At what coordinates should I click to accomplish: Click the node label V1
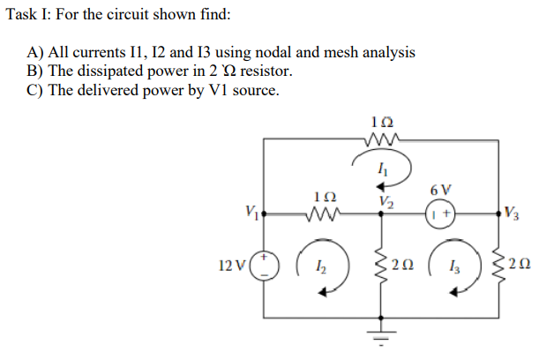(251, 211)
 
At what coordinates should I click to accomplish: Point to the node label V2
(382, 201)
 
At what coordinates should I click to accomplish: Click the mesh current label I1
(381, 167)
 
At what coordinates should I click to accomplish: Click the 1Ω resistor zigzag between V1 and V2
(322, 213)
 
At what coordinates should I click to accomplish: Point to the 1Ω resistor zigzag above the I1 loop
(381, 138)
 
